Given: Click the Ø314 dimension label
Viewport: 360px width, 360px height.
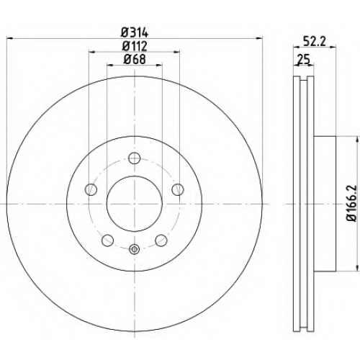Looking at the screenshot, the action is point(135,32).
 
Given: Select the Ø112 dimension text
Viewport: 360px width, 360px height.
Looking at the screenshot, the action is point(135,46).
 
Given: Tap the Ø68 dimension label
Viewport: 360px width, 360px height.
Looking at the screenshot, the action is point(135,59).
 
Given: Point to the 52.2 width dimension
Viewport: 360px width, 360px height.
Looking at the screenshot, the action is point(314,42).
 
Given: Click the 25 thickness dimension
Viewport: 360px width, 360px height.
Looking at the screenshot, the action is point(303,59).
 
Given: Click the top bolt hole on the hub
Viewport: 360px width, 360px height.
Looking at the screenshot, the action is point(134,158).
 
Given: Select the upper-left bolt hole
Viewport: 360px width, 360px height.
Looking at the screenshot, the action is point(91,189).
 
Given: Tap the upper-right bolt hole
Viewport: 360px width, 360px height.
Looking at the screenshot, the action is point(178,189).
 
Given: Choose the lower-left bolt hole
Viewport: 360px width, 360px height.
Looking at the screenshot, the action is point(108,240).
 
